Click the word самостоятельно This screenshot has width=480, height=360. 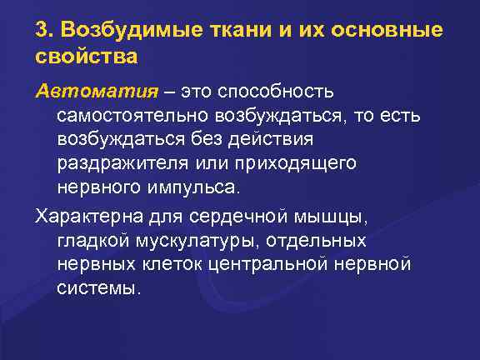(x=152, y=113)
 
